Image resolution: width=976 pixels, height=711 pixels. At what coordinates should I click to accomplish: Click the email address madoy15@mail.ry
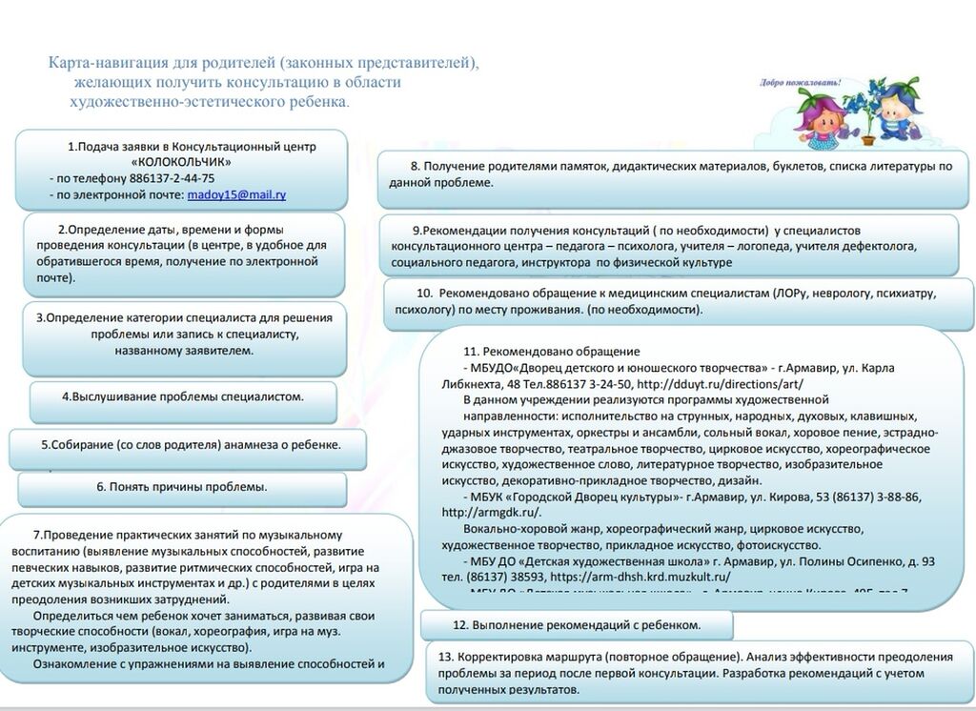(236, 194)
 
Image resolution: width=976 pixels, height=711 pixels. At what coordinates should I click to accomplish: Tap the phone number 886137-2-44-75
(163, 178)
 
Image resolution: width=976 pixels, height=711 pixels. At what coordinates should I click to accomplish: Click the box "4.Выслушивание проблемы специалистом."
(182, 397)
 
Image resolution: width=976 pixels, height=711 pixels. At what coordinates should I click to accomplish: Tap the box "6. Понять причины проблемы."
(181, 487)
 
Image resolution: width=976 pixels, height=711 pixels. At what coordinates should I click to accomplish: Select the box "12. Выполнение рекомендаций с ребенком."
(577, 625)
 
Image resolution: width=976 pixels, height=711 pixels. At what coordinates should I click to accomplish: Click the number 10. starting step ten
(425, 293)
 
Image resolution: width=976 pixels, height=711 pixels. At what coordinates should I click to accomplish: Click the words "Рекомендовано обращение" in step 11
(562, 351)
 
